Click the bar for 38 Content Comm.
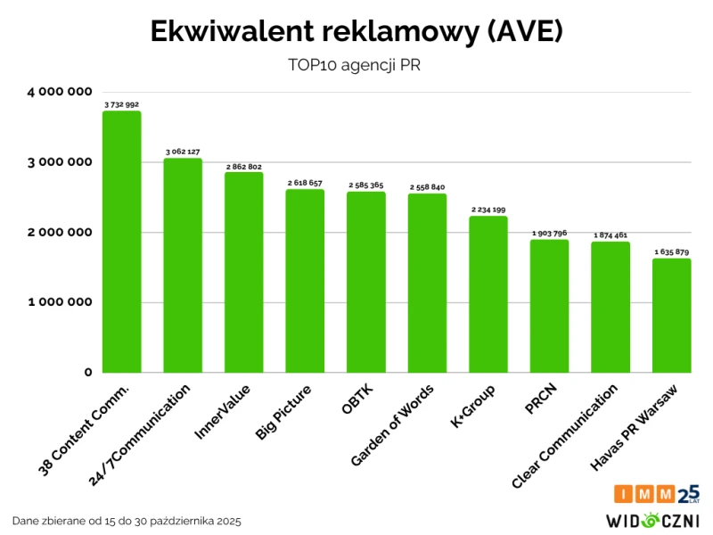click(x=121, y=242)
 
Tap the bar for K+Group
click(x=488, y=294)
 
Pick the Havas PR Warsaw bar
click(x=672, y=316)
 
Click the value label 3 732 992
click(x=121, y=104)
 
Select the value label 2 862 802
click(x=243, y=167)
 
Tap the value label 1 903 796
click(x=549, y=234)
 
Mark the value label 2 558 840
click(x=428, y=187)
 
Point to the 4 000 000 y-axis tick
click(x=61, y=92)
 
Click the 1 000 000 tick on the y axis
click(x=61, y=302)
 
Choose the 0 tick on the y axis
click(x=88, y=373)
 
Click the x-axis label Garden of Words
click(x=393, y=426)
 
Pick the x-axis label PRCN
click(x=542, y=399)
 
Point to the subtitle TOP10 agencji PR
click(x=356, y=65)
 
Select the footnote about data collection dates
click(x=127, y=520)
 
